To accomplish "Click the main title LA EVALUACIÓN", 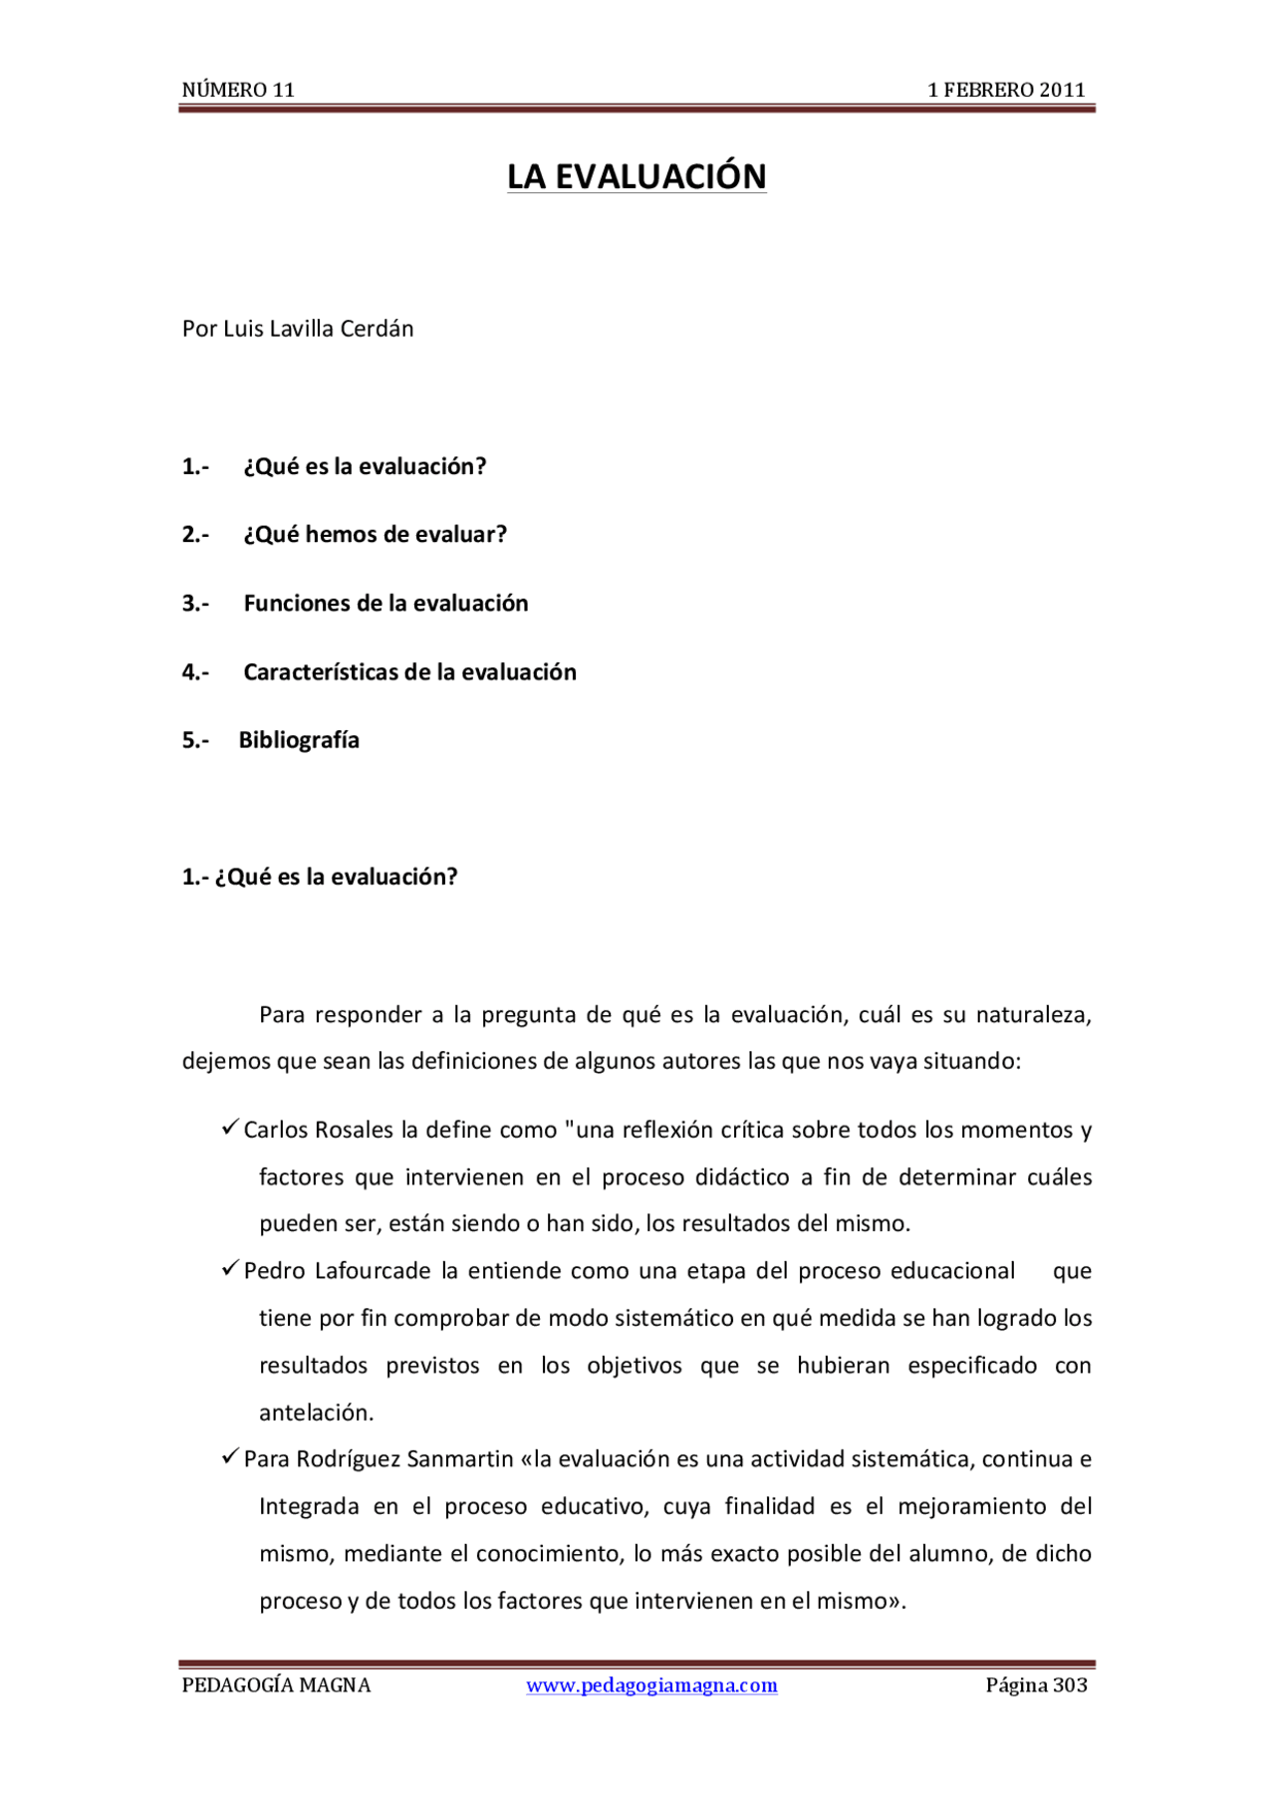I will (x=637, y=176).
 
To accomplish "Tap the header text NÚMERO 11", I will (x=238, y=90).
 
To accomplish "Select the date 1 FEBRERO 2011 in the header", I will (x=1006, y=90).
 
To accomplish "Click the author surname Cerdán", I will (x=377, y=329).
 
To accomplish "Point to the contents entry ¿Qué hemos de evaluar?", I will (x=375, y=535).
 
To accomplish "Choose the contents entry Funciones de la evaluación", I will (x=385, y=604).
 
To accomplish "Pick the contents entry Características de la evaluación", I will (x=409, y=672).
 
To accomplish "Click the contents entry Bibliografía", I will (x=299, y=740).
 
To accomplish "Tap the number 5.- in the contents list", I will (x=195, y=740).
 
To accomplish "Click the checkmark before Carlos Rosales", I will (x=230, y=1128).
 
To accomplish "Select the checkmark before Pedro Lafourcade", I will (x=230, y=1268).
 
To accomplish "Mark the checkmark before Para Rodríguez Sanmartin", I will (x=230, y=1457).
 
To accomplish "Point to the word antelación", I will (x=316, y=1413).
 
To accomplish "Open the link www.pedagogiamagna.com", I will (x=651, y=1685).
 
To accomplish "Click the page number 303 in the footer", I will (x=1070, y=1685).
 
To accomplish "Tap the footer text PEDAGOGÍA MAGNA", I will (x=276, y=1685).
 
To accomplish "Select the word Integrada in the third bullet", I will (x=309, y=1506).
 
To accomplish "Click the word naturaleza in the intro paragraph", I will (x=1033, y=1015).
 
